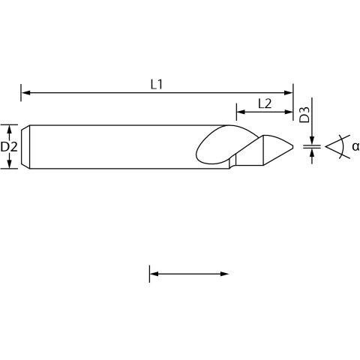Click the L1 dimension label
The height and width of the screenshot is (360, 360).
(x=157, y=85)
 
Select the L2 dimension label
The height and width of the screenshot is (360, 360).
(x=265, y=103)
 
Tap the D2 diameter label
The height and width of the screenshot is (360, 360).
(x=9, y=147)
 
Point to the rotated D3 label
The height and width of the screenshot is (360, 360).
(x=304, y=115)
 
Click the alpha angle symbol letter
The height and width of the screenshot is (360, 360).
(x=355, y=146)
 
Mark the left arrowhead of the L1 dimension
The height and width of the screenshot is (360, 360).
(x=26, y=93)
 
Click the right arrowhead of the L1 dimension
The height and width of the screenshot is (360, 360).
(x=288, y=93)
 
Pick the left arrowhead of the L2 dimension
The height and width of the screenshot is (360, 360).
(x=241, y=112)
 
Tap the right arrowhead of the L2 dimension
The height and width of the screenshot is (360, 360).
(x=289, y=112)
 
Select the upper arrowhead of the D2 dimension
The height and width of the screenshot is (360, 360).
(x=9, y=129)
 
